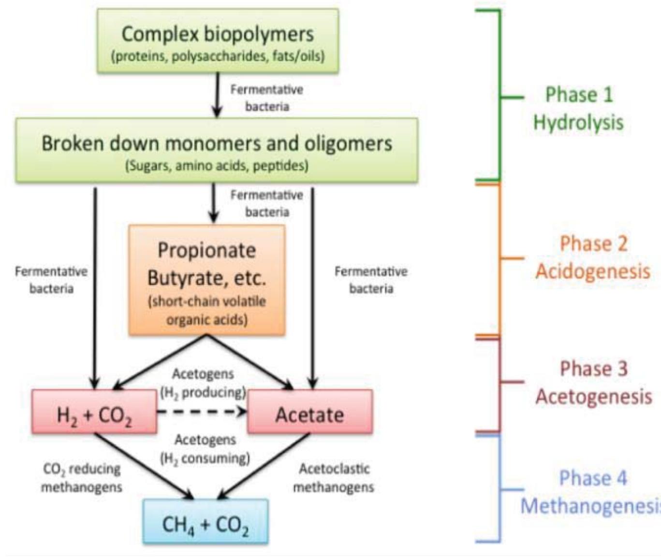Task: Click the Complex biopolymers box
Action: pos(218,41)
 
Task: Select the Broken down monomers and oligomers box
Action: pos(217,150)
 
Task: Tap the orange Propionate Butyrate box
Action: pos(206,280)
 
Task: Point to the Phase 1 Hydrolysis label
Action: pos(578,108)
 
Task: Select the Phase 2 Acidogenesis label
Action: pos(592,257)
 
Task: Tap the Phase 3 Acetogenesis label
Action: pos(593,382)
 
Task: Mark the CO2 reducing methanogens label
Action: pos(81,478)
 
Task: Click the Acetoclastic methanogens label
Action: pos(334,478)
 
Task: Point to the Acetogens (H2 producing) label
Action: pos(203,383)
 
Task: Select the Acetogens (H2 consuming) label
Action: pos(205,449)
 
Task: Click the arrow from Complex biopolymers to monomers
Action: pos(217,95)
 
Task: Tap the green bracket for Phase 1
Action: pos(499,97)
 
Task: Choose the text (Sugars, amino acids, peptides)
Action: pos(217,166)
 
